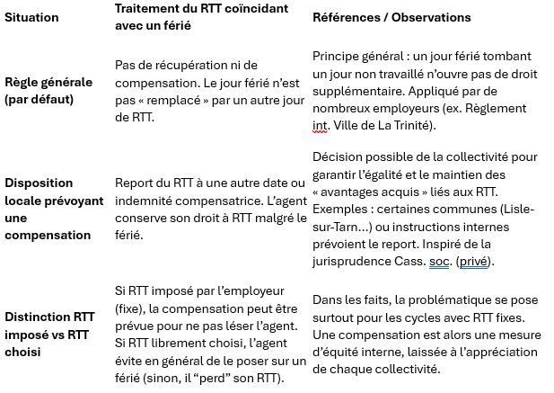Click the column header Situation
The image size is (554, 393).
(31, 17)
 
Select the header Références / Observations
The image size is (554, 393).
(391, 17)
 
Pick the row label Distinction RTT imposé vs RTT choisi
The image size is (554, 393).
(49, 334)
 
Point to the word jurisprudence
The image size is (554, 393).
(359, 262)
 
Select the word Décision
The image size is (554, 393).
(338, 157)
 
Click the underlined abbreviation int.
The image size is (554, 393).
(321, 125)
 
